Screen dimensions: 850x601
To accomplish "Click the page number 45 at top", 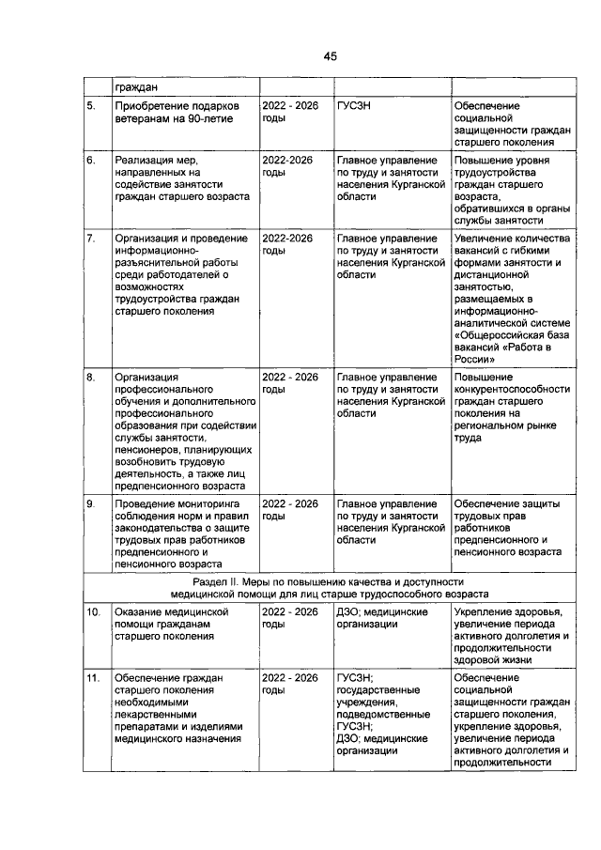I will (330, 56).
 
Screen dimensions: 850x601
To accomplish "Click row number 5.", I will (91, 106).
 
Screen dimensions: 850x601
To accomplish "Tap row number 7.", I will (91, 239).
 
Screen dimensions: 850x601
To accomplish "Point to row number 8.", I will (91, 377).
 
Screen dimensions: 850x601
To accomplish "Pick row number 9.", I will (91, 504).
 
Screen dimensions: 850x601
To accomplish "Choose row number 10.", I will (93, 612).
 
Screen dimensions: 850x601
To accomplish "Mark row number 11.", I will (93, 677).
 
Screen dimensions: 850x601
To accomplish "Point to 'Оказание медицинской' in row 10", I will (172, 612).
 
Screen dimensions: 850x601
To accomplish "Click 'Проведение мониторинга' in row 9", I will (177, 504).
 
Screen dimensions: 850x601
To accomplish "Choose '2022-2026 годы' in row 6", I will (287, 167).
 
